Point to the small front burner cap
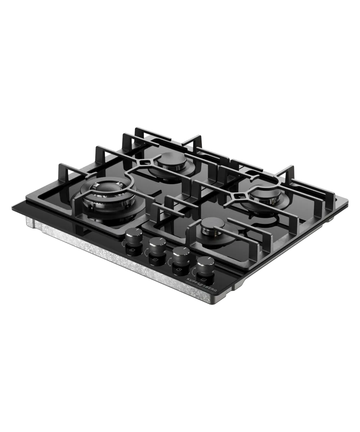[x=212, y=226]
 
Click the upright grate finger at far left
[x=61, y=171]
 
